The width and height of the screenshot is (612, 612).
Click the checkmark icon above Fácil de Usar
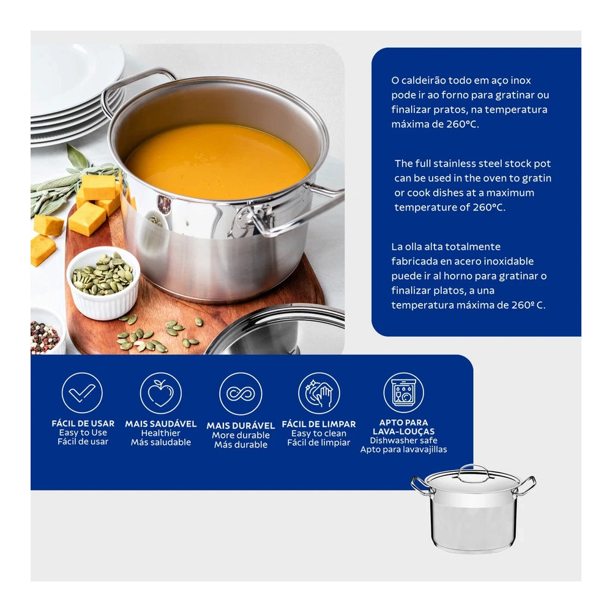click(82, 393)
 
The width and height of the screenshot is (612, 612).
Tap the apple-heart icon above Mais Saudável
click(161, 393)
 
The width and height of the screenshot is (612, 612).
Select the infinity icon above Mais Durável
click(241, 394)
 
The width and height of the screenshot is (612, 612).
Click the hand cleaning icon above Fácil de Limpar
click(319, 393)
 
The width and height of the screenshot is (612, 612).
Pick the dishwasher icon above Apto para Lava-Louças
click(403, 392)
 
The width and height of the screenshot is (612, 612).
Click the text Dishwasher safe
click(403, 440)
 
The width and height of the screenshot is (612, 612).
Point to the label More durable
click(241, 435)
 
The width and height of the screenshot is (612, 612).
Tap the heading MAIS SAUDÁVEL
click(161, 424)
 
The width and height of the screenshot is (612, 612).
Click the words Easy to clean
click(319, 433)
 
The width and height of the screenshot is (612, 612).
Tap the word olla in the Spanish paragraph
click(424, 247)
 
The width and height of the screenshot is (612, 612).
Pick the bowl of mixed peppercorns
click(47, 332)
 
